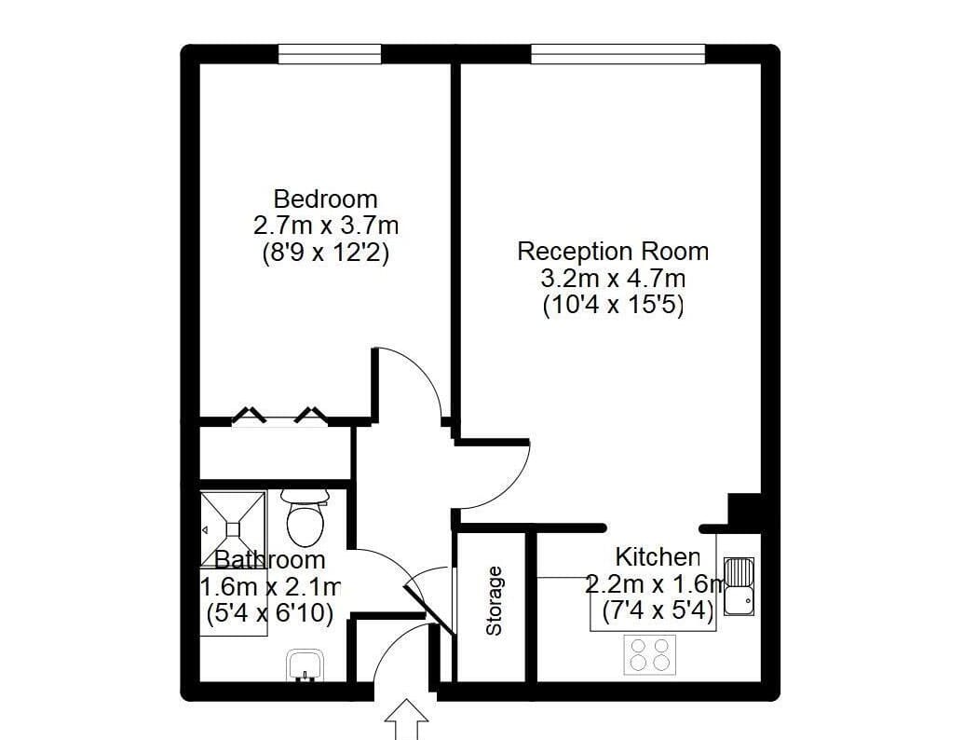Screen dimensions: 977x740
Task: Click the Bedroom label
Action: click(x=325, y=199)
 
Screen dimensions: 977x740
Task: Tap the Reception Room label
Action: click(x=613, y=252)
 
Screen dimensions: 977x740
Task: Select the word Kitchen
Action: click(x=658, y=556)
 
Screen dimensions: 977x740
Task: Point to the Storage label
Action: click(x=495, y=600)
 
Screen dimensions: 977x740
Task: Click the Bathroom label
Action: click(x=270, y=560)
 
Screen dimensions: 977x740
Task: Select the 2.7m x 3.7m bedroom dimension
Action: click(x=326, y=226)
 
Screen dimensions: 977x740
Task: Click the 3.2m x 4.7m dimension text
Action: click(x=613, y=278)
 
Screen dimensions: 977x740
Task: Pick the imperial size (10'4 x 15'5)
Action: click(x=613, y=306)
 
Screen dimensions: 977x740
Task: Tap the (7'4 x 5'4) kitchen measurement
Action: click(x=658, y=611)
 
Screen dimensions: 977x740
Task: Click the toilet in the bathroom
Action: click(x=305, y=517)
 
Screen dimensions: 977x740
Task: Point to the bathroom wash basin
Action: click(x=305, y=665)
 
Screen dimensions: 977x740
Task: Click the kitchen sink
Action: click(x=739, y=586)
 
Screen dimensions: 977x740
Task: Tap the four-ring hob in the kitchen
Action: click(x=650, y=654)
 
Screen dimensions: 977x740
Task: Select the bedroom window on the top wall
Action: click(x=330, y=54)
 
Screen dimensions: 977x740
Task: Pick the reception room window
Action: click(x=618, y=54)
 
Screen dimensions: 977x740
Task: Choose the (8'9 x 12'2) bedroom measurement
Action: click(x=326, y=254)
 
